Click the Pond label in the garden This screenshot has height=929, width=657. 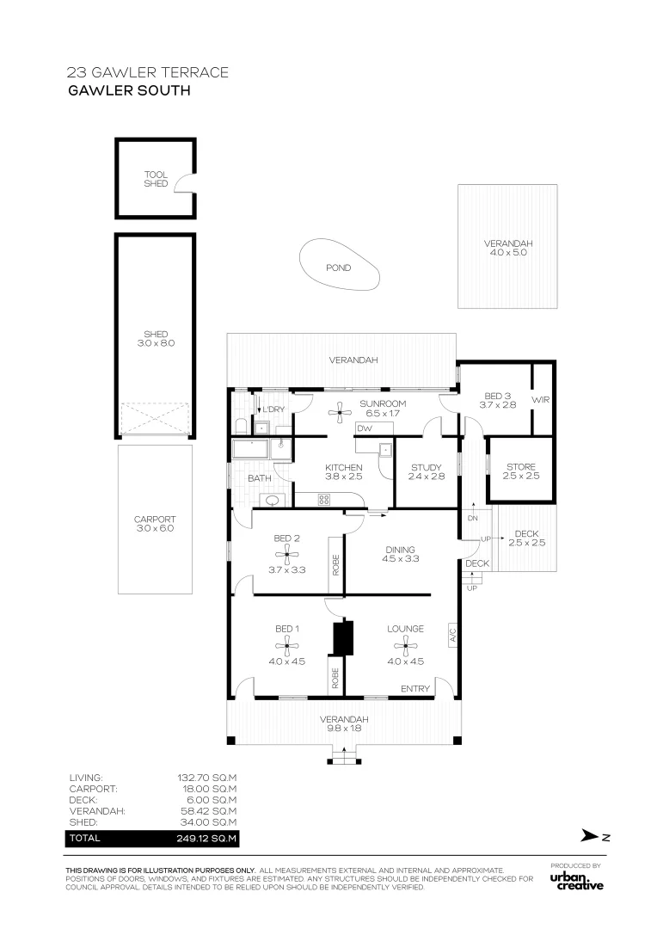tap(338, 268)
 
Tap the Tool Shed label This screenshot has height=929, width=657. tap(156, 179)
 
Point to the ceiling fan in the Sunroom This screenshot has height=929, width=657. tap(342, 413)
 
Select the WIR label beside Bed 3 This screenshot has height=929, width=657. tap(541, 400)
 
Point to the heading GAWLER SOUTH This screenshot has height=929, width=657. tap(128, 89)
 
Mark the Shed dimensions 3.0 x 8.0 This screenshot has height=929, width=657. tap(156, 343)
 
